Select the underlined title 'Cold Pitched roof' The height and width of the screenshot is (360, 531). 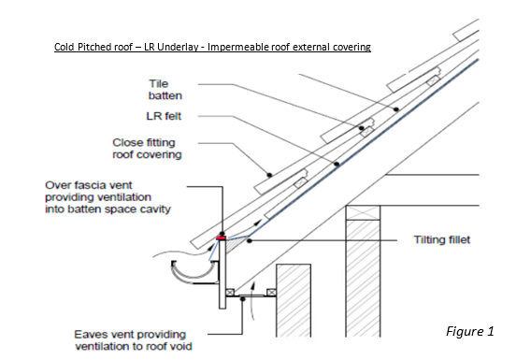[x=97, y=46]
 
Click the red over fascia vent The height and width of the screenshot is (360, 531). [x=222, y=238]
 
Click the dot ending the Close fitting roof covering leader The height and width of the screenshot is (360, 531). [x=269, y=174]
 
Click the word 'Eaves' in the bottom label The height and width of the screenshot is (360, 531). [x=91, y=334]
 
